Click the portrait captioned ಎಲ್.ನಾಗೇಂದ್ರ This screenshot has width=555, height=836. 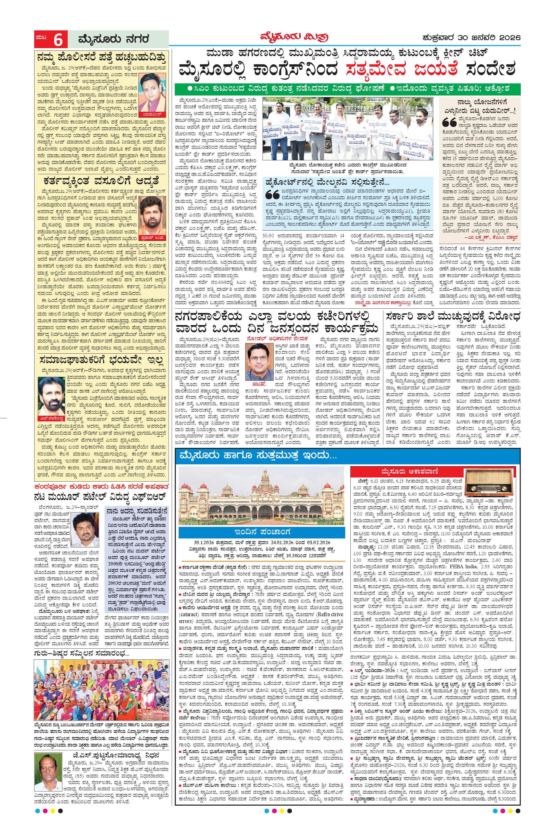click(52, 399)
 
